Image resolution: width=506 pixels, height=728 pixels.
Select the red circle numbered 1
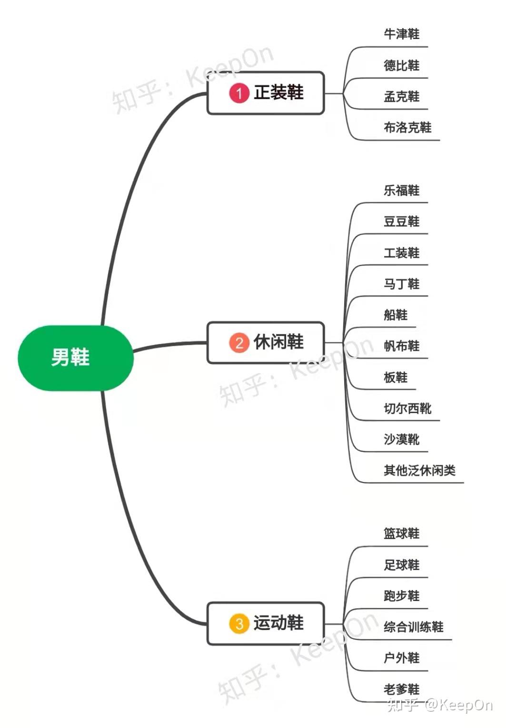(239, 93)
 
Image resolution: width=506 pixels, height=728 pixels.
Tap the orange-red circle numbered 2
(239, 343)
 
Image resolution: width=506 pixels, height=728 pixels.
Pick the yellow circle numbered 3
(239, 623)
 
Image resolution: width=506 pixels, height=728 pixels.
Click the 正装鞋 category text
(278, 92)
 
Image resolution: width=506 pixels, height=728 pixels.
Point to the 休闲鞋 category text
(278, 342)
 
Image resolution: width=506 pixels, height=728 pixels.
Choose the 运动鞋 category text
(278, 623)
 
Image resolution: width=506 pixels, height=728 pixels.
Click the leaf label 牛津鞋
(401, 34)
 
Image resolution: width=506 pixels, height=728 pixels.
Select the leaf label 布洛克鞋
(407, 128)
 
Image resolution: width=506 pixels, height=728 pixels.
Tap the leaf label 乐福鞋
(401, 190)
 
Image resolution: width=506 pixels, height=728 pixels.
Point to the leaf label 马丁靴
(401, 284)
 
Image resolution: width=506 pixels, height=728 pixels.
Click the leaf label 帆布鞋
(401, 346)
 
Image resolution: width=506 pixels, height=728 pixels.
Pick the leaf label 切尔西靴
(407, 408)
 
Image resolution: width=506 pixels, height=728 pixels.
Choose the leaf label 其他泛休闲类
(419, 471)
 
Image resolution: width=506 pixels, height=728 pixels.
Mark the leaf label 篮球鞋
(401, 533)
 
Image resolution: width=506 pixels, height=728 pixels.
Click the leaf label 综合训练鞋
(413, 627)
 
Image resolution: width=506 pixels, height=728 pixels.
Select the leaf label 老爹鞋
(401, 689)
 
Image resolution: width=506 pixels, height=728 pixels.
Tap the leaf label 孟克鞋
(401, 97)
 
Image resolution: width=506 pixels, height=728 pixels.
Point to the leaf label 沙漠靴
(401, 439)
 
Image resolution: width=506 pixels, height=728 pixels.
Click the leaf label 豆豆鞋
(401, 222)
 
